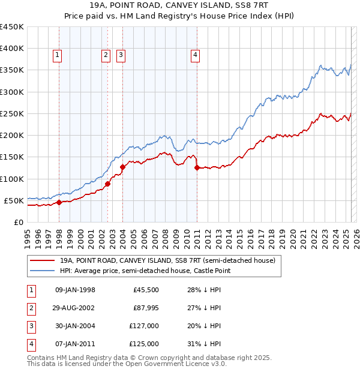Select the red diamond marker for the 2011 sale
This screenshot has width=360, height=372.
pyautogui.click(x=197, y=168)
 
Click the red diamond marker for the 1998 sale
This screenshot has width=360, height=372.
pyautogui.click(x=59, y=202)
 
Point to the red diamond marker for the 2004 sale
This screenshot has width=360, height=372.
pyautogui.click(x=122, y=167)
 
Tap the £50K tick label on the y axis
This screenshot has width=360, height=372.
pyautogui.click(x=14, y=200)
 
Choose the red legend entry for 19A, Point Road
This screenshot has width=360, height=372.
pyautogui.click(x=167, y=260)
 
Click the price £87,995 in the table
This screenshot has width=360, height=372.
pyautogui.click(x=146, y=307)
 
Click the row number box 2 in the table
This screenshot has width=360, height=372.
pyautogui.click(x=31, y=307)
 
